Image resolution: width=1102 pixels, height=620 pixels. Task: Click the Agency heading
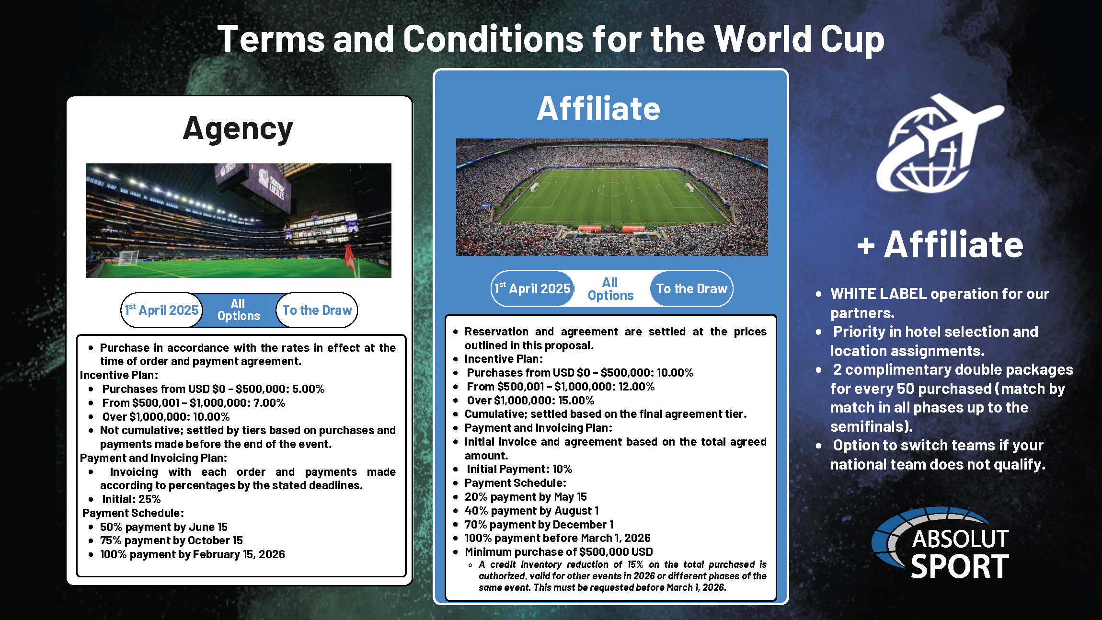238,129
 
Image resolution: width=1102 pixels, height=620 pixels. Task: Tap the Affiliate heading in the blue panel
598,108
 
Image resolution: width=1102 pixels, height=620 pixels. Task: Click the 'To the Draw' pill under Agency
317,310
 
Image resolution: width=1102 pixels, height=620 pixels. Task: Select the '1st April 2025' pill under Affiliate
533,288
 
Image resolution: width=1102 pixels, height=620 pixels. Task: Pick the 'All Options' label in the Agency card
239,310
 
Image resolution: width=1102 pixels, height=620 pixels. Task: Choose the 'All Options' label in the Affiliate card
610,289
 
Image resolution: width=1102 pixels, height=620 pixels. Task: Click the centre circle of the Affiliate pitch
612,189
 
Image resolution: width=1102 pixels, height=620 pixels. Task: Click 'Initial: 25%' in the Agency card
131,499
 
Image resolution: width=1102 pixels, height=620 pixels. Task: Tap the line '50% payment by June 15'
164,527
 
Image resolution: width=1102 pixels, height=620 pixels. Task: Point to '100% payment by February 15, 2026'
193,554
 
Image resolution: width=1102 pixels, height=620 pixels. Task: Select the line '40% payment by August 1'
532,511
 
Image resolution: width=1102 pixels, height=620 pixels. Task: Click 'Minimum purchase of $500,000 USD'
559,552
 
